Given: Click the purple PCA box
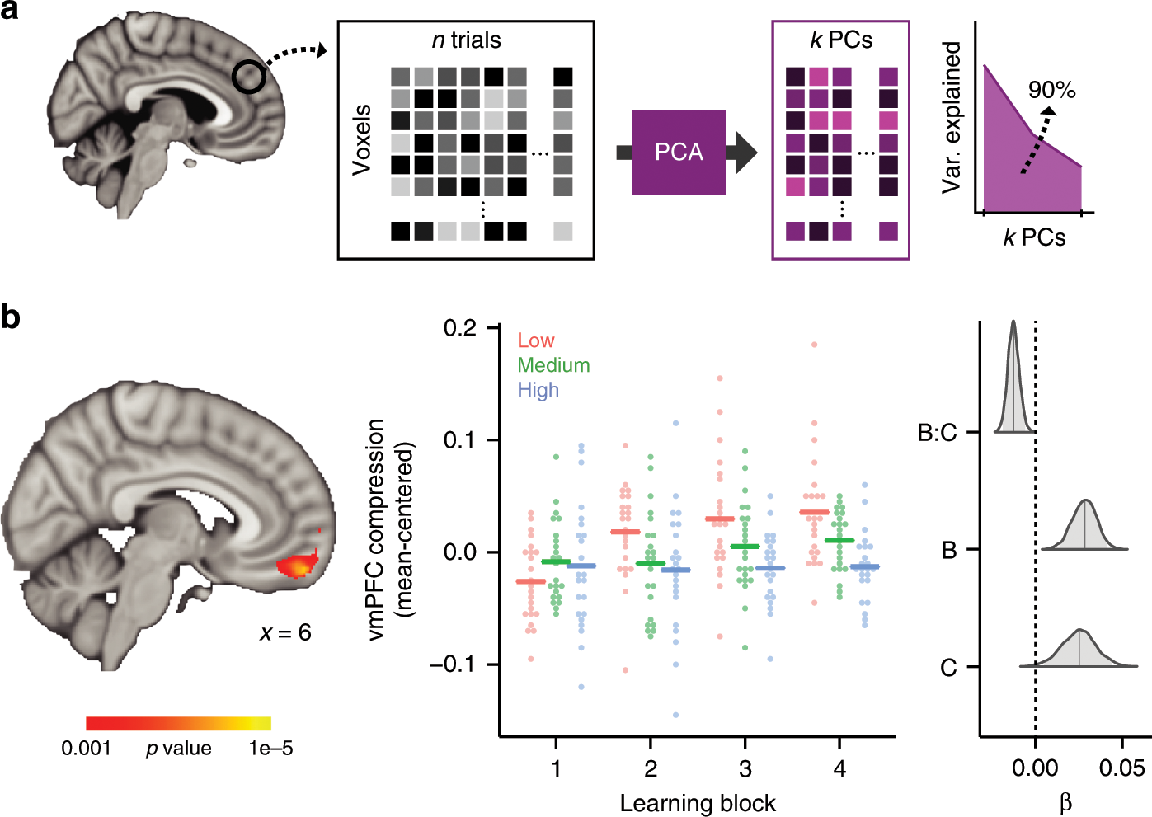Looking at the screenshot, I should point(679,153).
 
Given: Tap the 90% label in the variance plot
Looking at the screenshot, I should point(1051,90).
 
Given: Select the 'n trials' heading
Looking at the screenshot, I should point(466,40).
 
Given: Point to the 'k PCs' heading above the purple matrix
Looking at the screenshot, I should point(840,40).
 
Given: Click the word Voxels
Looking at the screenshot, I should point(361,139).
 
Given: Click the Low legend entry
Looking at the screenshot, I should point(536,340).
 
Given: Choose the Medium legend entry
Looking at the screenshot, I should point(553,365).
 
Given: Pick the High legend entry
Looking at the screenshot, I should point(538,390).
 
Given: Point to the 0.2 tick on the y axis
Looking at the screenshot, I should point(460,328).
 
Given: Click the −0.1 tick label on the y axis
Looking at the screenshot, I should point(454,664).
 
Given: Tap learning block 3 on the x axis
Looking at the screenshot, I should point(745,769).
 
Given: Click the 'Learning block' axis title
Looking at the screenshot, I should point(698,804).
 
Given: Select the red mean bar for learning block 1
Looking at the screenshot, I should point(530,581).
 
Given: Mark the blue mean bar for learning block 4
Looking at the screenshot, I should point(865,566).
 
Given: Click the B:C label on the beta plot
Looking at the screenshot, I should point(938,432).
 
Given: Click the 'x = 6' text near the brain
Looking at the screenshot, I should point(285,632).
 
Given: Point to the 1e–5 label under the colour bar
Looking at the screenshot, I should point(270,749).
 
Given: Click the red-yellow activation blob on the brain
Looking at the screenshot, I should point(297,566).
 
